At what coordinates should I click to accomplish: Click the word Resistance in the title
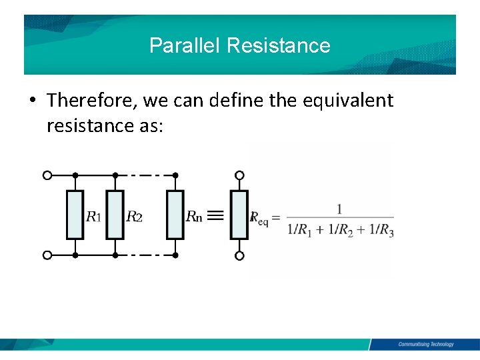pyautogui.click(x=278, y=45)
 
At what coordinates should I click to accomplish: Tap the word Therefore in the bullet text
pyautogui.click(x=92, y=101)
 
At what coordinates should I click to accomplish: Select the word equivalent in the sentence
pyautogui.click(x=348, y=101)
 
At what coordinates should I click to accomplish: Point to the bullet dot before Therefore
pyautogui.click(x=32, y=101)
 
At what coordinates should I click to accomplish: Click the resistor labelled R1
pyautogui.click(x=75, y=215)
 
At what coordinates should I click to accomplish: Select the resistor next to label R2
pyautogui.click(x=115, y=215)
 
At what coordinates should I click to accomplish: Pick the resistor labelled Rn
pyautogui.click(x=175, y=215)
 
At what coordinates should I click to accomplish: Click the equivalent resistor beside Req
pyautogui.click(x=239, y=215)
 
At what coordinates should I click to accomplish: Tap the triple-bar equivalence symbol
pyautogui.click(x=214, y=215)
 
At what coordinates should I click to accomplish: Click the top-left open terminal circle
pyautogui.click(x=47, y=175)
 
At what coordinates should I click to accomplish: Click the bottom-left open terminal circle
pyautogui.click(x=47, y=255)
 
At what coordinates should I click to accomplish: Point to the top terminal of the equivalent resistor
pyautogui.click(x=239, y=175)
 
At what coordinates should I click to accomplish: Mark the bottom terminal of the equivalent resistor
pyautogui.click(x=239, y=255)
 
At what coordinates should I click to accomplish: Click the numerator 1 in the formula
pyautogui.click(x=340, y=209)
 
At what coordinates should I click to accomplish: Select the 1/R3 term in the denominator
pyautogui.click(x=381, y=230)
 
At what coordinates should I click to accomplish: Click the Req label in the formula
pyautogui.click(x=259, y=217)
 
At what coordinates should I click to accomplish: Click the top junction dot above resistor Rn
pyautogui.click(x=175, y=175)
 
